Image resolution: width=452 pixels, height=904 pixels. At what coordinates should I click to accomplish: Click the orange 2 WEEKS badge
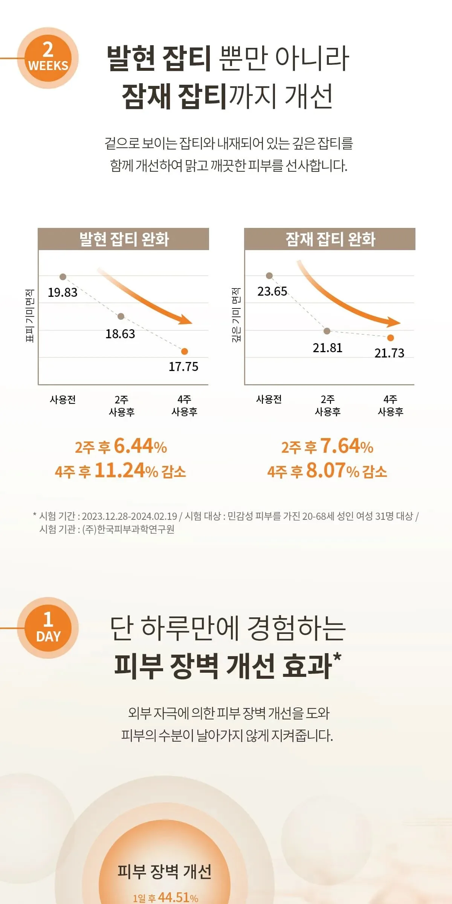coord(48,58)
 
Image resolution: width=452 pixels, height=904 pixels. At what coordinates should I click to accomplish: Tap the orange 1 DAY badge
coord(48,628)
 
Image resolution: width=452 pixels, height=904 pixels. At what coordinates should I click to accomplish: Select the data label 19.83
coord(63,293)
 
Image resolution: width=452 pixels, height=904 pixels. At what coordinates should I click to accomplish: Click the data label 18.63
coord(120,334)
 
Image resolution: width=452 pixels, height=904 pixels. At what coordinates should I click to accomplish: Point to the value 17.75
coord(183,367)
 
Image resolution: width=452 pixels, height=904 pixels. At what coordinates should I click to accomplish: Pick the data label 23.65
coord(272,292)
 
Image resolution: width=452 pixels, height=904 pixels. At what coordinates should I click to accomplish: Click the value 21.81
coord(328,348)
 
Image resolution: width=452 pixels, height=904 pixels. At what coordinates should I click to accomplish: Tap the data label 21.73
coord(389,353)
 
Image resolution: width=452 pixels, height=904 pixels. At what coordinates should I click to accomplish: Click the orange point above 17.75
coord(185,351)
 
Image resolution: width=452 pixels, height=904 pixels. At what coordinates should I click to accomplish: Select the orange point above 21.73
coord(391,338)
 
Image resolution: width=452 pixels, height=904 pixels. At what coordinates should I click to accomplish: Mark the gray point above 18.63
coord(121,316)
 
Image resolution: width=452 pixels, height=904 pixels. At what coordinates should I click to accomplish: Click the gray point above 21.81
coord(327,331)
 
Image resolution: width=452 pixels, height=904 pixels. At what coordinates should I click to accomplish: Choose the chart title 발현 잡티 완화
coord(124,239)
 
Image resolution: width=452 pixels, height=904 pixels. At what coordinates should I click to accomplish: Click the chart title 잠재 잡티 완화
coord(330,239)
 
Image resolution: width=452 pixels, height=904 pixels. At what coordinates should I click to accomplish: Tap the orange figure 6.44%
coord(140,446)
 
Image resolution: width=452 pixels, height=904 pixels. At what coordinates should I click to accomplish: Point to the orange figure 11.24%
coord(126,470)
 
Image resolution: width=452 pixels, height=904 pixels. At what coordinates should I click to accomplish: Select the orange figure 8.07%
coord(333,470)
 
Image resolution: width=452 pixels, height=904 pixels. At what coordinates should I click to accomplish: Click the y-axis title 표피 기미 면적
coord(30,316)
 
